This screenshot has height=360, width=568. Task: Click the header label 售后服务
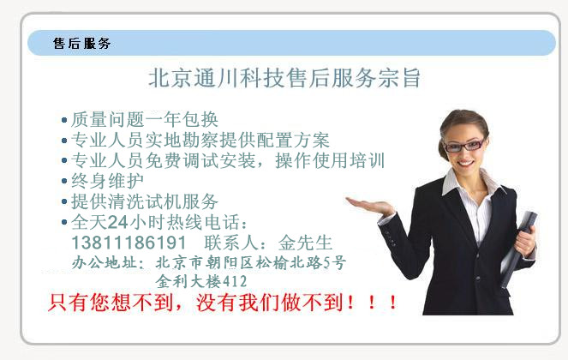[81, 43]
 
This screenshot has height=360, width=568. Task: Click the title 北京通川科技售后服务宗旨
[284, 78]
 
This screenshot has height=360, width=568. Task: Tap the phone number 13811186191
[129, 243]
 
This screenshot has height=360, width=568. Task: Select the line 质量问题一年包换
[145, 119]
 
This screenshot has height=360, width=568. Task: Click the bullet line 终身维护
[108, 181]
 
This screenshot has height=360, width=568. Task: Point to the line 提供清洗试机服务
[145, 201]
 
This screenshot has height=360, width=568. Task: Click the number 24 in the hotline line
[117, 222]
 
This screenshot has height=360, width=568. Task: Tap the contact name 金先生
[305, 243]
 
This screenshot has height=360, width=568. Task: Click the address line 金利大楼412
[201, 281]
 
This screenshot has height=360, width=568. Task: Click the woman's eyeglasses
[464, 146]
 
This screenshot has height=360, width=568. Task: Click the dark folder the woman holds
[517, 249]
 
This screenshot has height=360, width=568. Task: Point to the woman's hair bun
[443, 149]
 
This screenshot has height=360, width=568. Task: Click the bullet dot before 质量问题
[64, 120]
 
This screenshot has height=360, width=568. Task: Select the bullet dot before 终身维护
[64, 181]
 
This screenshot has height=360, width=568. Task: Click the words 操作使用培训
[330, 160]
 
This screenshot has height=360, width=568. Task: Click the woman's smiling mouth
[465, 164]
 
